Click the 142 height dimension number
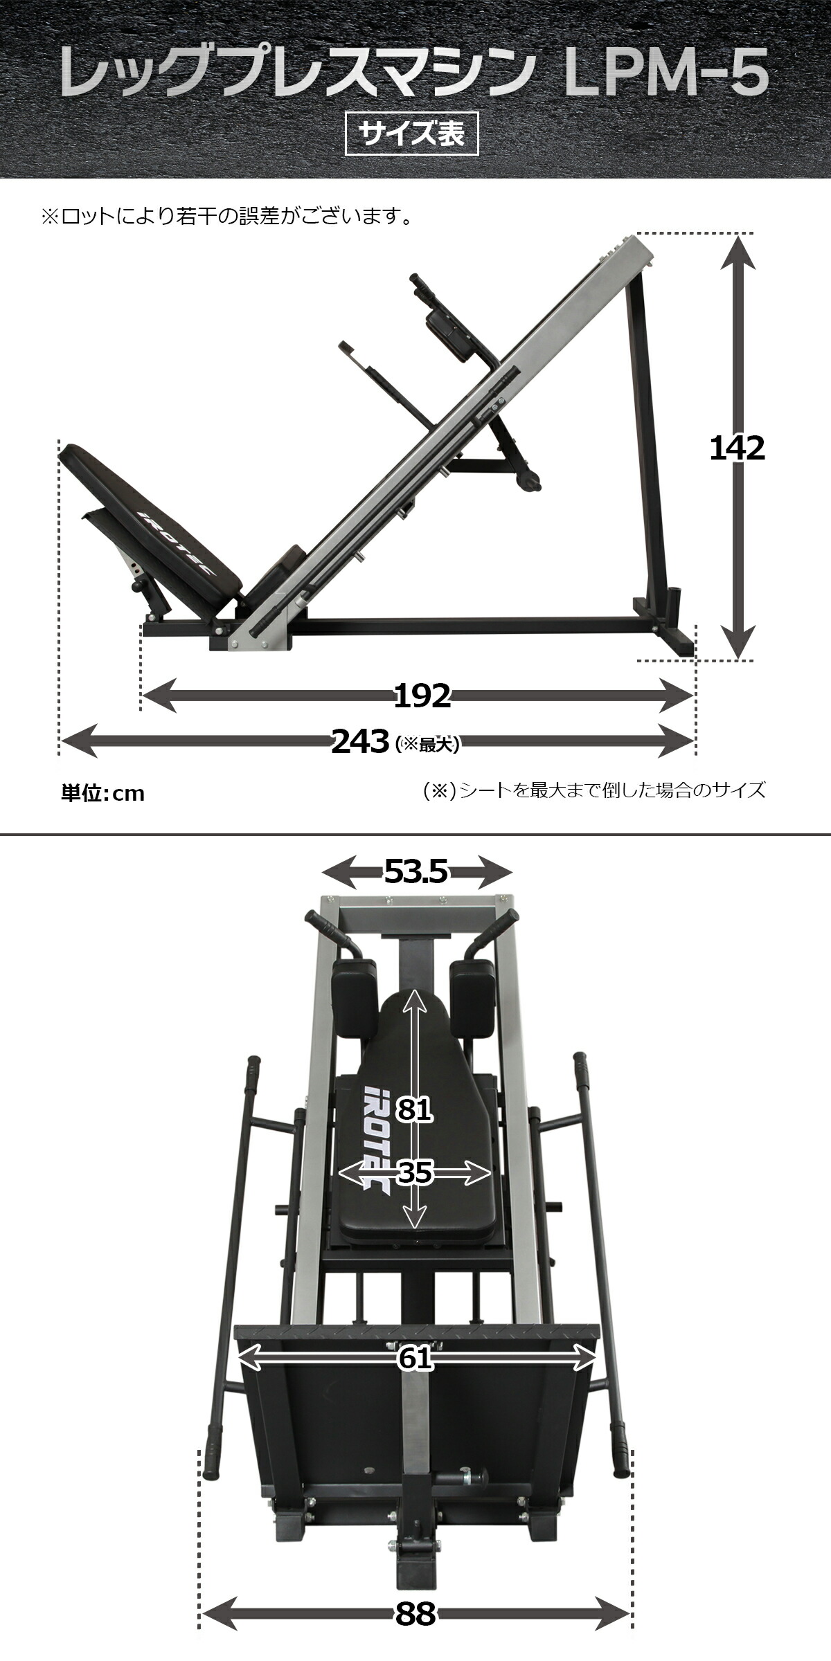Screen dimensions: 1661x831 737,449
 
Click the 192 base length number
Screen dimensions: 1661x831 422,696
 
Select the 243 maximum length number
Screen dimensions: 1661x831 359,743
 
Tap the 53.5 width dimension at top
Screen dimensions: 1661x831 415,872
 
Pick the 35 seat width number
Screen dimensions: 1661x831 415,1172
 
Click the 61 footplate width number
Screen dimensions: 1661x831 415,1359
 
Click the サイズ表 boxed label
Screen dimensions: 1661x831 412,134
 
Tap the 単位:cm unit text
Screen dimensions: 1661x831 103,793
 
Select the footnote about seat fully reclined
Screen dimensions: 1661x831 593,790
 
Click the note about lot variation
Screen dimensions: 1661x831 227,217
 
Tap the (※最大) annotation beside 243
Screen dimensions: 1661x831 427,744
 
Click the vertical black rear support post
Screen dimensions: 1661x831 647,443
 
